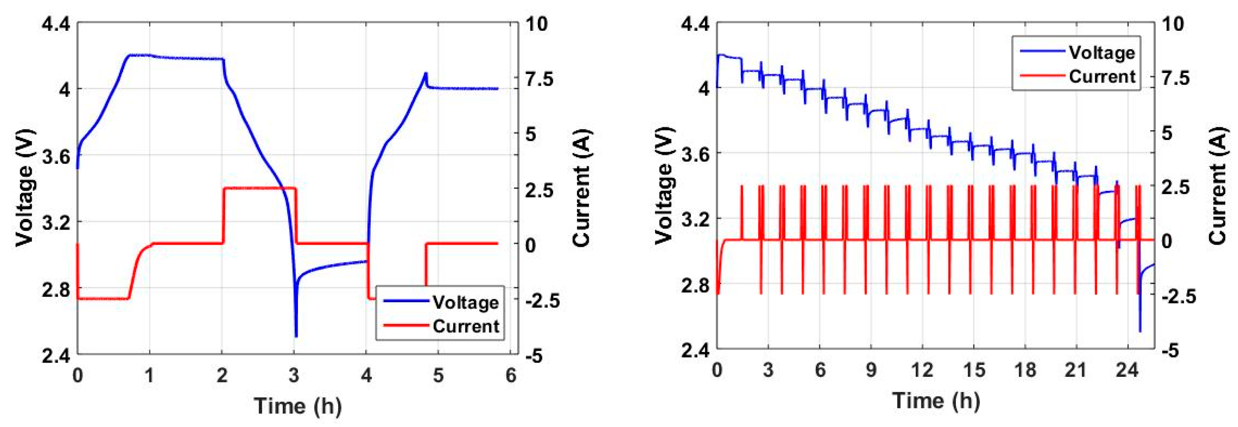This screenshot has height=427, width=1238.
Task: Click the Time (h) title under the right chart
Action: click(x=936, y=400)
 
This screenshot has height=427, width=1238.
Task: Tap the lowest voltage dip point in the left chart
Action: click(x=296, y=336)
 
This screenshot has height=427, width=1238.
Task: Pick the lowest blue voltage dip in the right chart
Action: click(x=1140, y=331)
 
